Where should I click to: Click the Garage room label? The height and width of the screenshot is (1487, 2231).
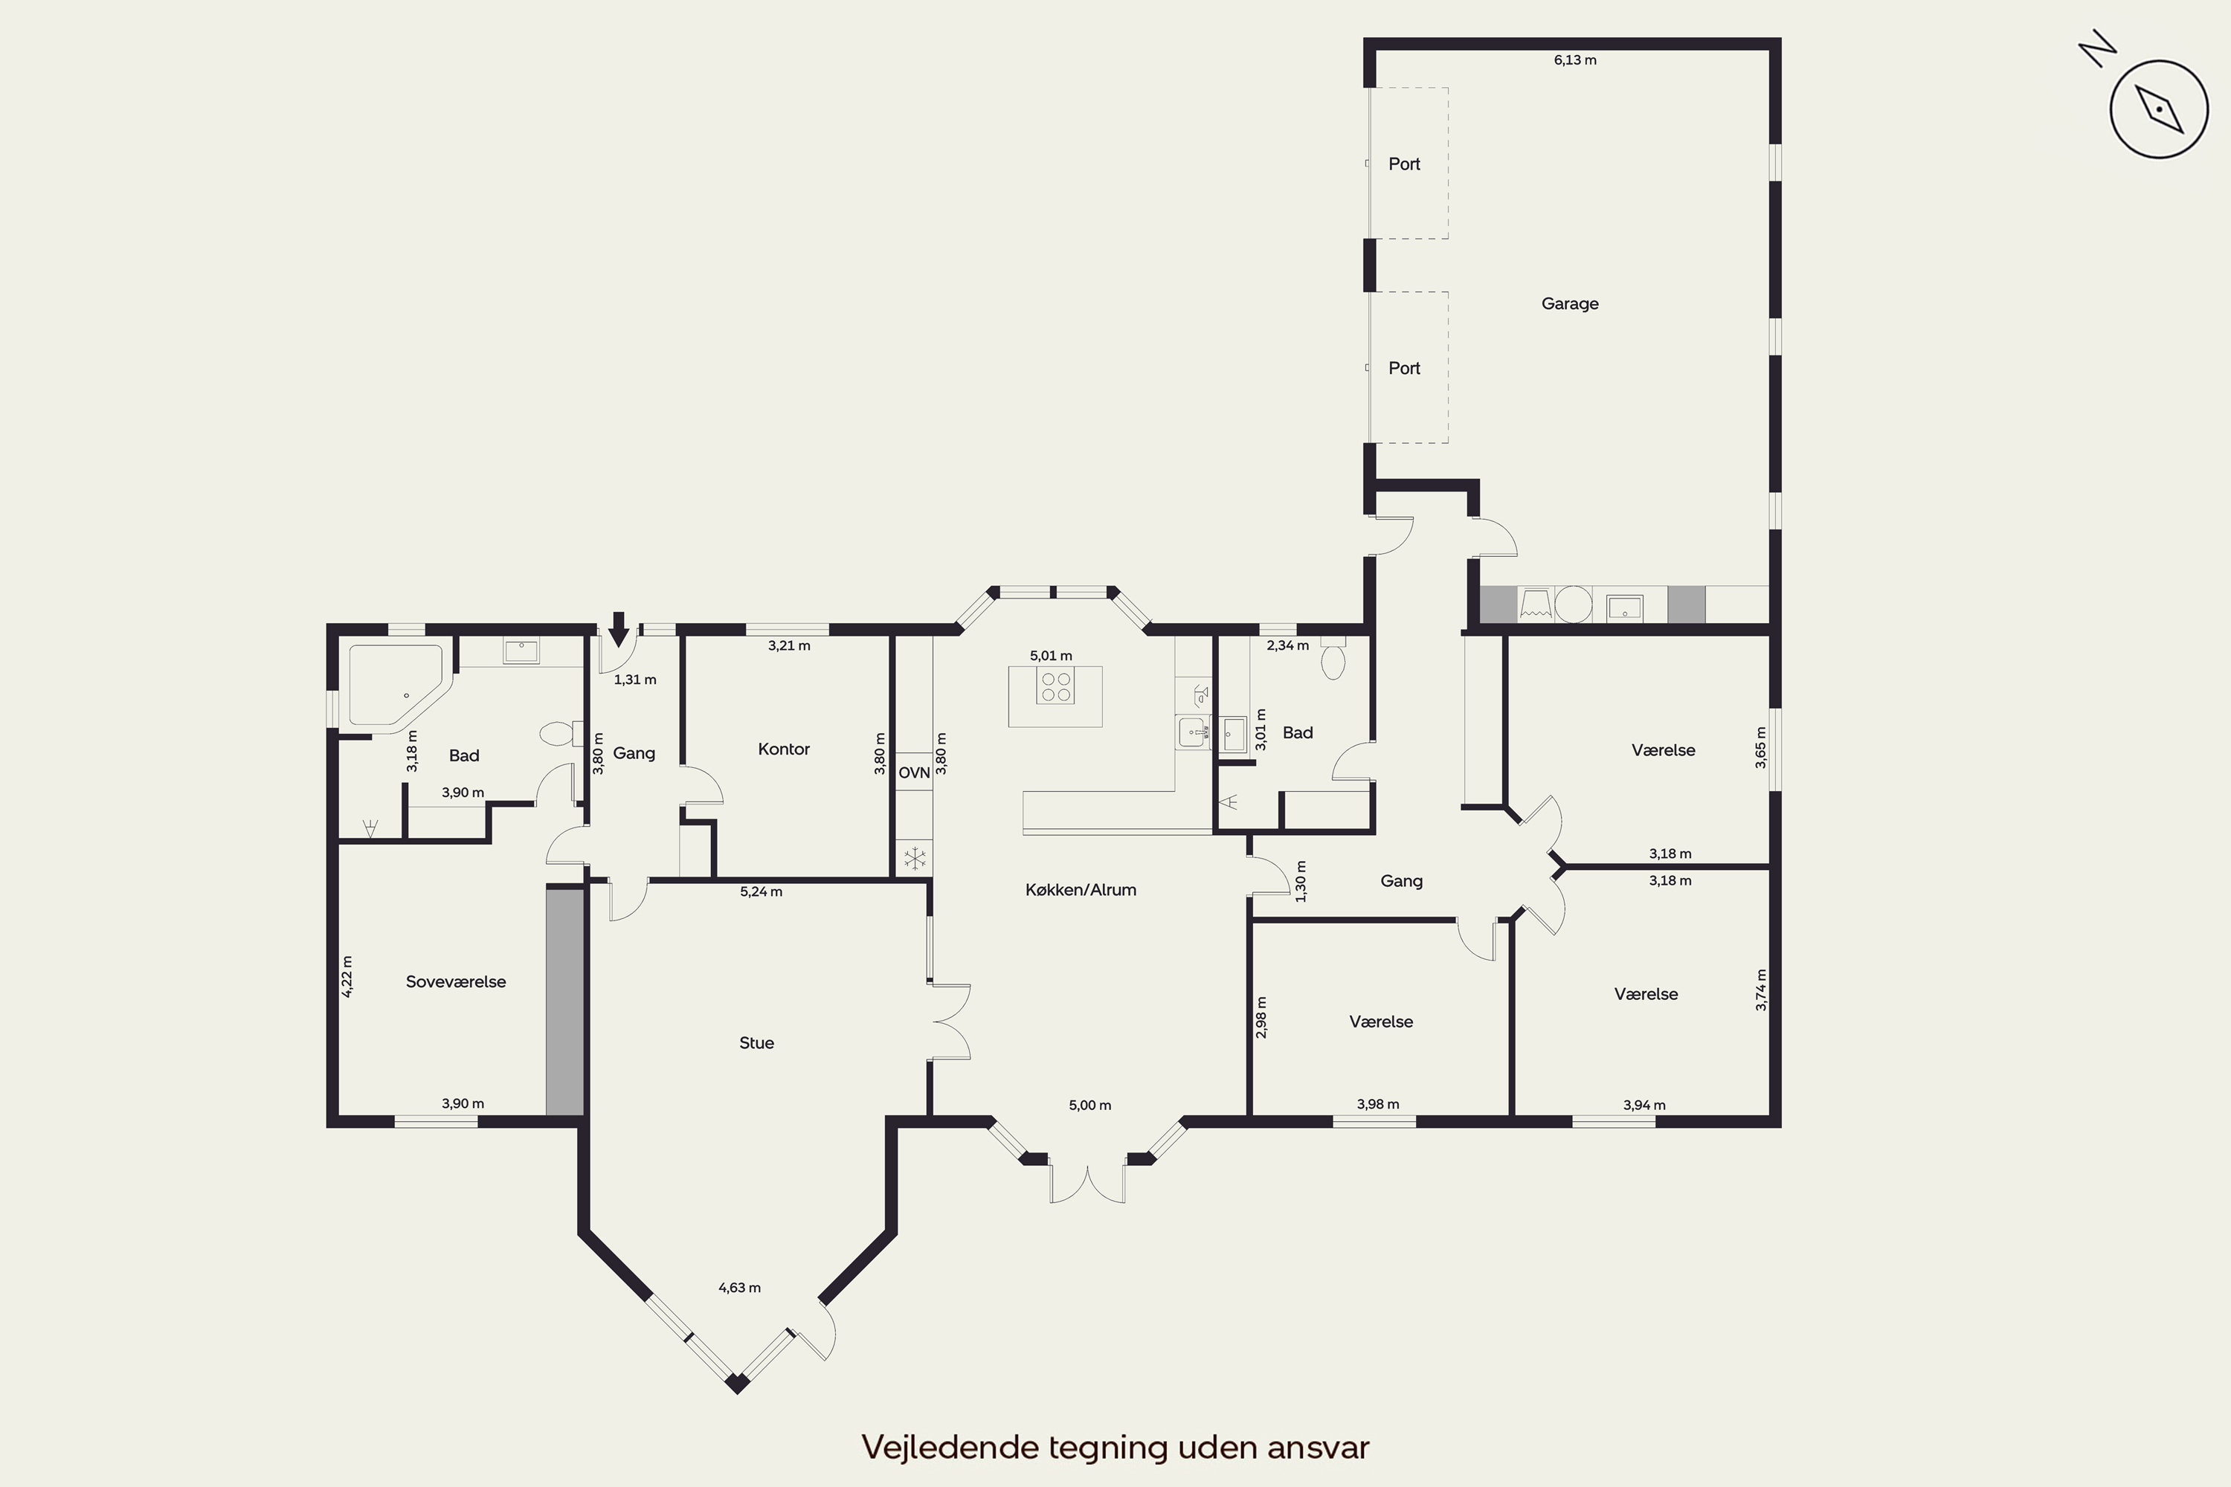pos(1570,304)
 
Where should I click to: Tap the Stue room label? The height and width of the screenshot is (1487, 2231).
pos(756,1043)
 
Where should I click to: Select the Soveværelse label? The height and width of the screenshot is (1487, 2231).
pos(455,981)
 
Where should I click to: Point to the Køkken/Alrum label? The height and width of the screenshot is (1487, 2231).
pos(1081,889)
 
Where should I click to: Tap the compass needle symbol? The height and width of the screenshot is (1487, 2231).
pos(2159,109)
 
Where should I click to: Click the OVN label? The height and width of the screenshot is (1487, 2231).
pos(915,773)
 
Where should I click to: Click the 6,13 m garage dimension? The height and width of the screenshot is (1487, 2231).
pos(1574,59)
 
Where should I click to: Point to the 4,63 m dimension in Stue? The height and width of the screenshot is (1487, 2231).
pos(739,1288)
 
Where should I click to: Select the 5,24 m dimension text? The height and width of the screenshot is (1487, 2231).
pos(761,891)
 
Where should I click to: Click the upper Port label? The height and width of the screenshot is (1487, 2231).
pos(1404,164)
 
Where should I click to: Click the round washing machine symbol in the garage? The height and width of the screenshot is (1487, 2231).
pos(1573,604)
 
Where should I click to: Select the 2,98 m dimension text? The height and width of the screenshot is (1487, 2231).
pos(1261,1018)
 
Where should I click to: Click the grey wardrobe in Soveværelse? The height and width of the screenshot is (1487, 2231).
pos(564,1001)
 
